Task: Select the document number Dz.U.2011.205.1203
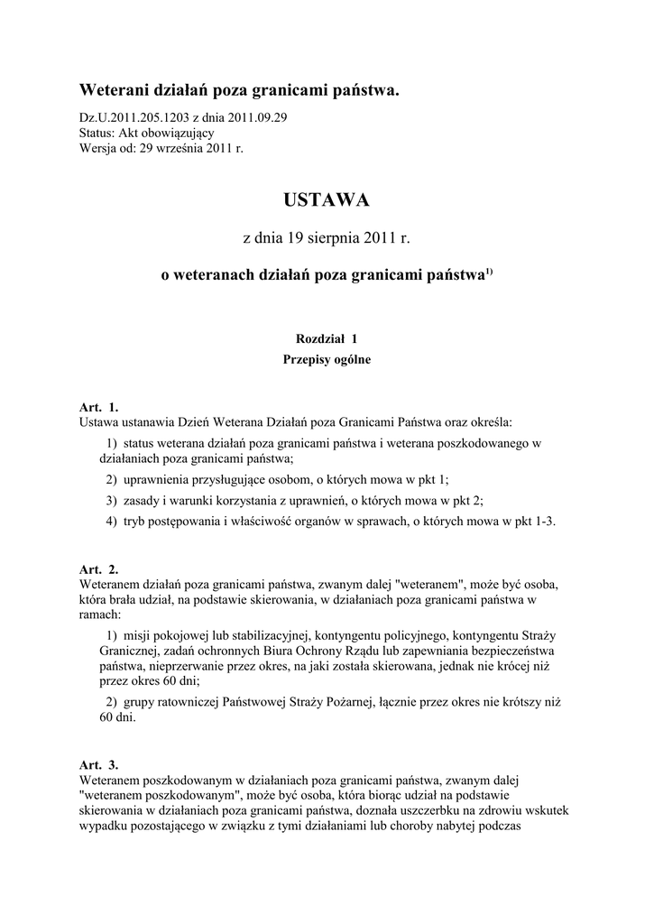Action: [x=134, y=117]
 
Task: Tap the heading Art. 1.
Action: [x=99, y=408]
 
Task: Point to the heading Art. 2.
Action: [x=99, y=569]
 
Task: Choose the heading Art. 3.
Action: [x=99, y=764]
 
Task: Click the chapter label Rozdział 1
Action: [x=327, y=338]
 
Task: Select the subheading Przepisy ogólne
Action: [x=327, y=359]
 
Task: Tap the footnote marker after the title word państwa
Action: [x=489, y=273]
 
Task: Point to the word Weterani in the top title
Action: [x=113, y=91]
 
